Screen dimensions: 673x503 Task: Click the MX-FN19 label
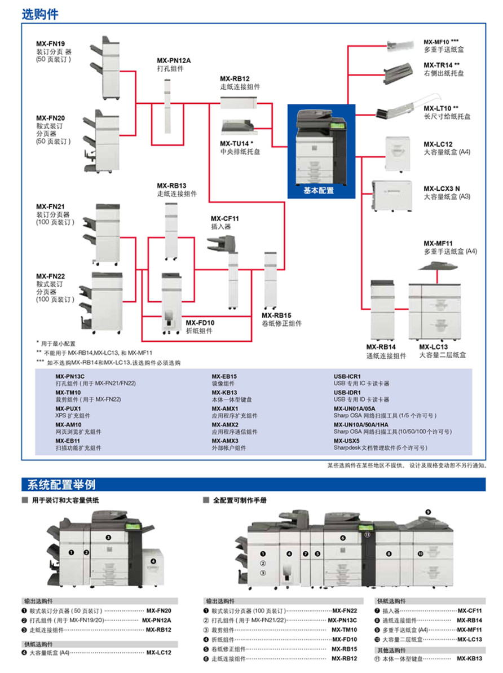(51, 43)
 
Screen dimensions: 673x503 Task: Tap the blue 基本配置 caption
(319, 191)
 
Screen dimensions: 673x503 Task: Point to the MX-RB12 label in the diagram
(235, 78)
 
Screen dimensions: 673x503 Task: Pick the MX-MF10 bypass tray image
(403, 45)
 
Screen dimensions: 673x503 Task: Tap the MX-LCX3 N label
(442, 188)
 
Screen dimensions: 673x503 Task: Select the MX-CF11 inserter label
(225, 218)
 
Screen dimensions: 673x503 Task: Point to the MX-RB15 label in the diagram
(276, 315)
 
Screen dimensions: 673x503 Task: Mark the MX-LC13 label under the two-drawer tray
(433, 347)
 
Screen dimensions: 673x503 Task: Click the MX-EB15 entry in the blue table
(224, 376)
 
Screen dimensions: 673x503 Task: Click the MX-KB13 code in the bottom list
(469, 658)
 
